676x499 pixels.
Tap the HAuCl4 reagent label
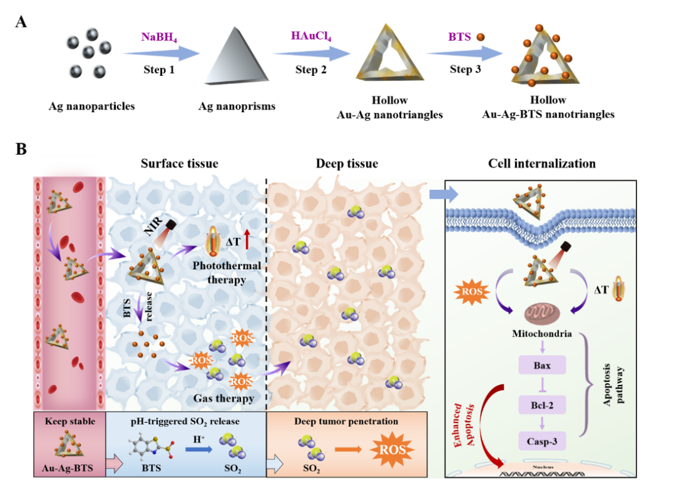point(310,36)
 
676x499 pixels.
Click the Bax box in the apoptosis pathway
point(542,364)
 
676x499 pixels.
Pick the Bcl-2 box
point(542,404)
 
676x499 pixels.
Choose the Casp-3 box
point(542,441)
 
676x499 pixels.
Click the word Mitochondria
point(542,334)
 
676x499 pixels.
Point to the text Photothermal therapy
point(227,273)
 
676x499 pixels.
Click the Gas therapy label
point(223,398)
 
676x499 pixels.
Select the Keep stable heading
point(70,421)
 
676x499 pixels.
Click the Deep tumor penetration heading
point(346,421)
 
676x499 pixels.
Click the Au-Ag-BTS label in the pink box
point(70,466)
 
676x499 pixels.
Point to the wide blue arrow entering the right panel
point(443,195)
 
